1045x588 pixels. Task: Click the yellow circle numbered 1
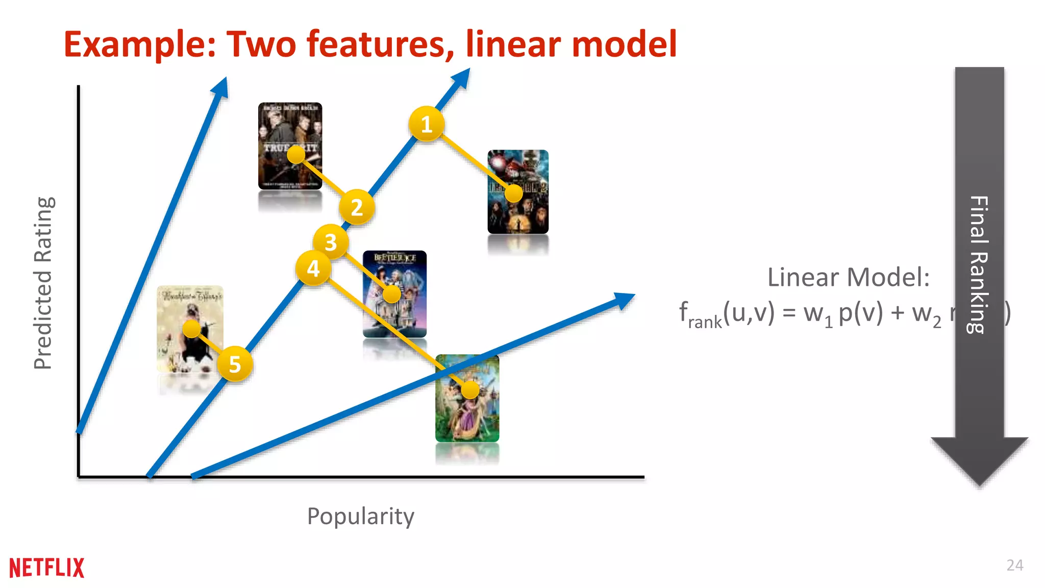[x=427, y=124]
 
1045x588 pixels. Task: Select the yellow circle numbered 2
[x=357, y=207]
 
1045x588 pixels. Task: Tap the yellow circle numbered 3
[x=331, y=242]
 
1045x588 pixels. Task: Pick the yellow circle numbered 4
[x=313, y=268]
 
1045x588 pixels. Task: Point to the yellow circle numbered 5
[x=235, y=364]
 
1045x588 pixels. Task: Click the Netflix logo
[x=46, y=568]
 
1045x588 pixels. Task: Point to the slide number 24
[x=1014, y=565]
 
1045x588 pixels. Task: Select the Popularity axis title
[x=360, y=516]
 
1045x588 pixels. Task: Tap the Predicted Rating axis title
[x=43, y=283]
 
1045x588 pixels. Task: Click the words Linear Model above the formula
[x=848, y=278]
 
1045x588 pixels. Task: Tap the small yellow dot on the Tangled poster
[x=470, y=390]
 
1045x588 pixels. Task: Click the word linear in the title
[x=514, y=44]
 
